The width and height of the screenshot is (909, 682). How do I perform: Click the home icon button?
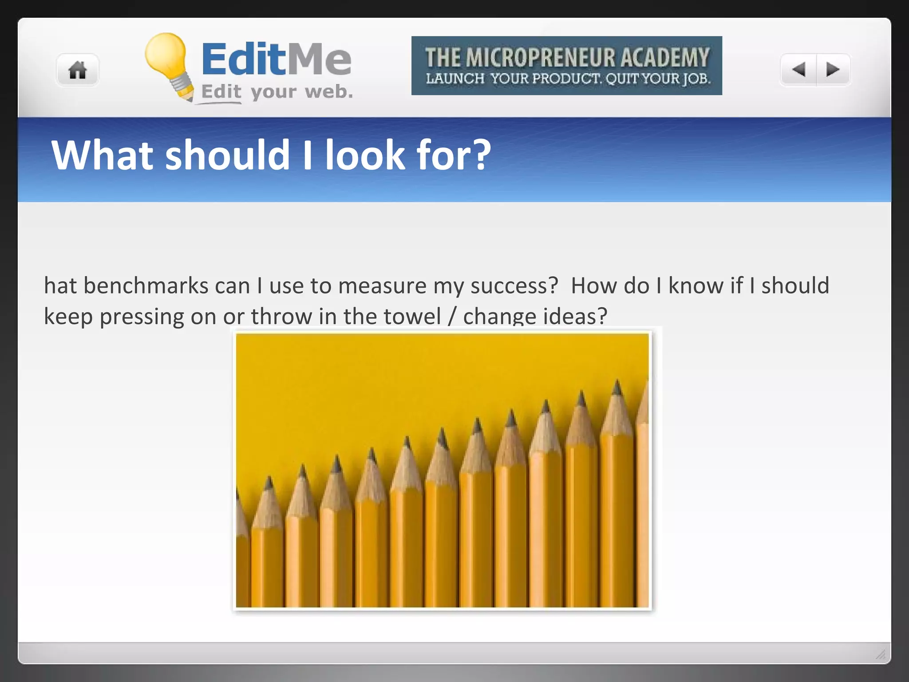pos(78,70)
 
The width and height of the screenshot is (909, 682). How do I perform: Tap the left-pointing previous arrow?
pos(798,69)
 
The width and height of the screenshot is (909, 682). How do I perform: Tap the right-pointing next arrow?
pos(833,69)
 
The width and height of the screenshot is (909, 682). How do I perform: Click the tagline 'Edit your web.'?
pos(277,92)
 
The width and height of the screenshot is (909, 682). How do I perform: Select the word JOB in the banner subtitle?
pos(696,79)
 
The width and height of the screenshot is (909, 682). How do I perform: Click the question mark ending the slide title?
pos(481,155)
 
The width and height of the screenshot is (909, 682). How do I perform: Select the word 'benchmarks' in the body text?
pos(146,285)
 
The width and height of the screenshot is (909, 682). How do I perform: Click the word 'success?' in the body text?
pos(514,285)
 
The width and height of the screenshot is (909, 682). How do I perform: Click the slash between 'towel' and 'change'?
pos(452,316)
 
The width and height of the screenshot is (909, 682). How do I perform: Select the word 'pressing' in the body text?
pos(142,317)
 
